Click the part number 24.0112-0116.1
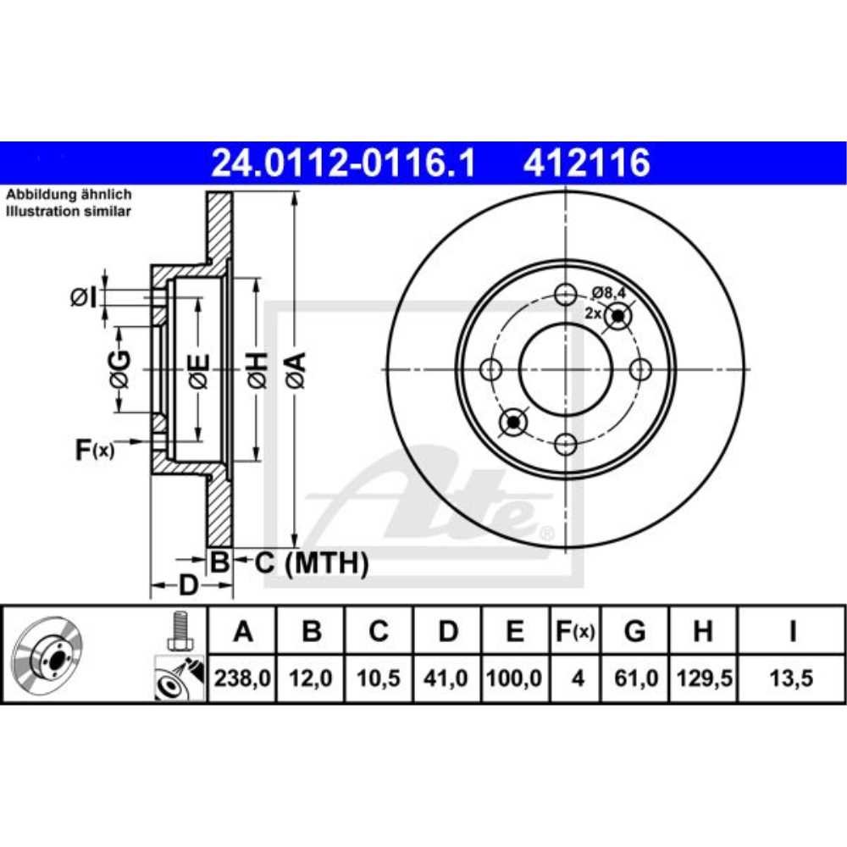point(343,163)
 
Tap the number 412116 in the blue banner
point(586,163)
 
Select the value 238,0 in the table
point(242,678)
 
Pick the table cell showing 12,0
point(310,678)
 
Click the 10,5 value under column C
point(378,678)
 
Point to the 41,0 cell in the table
point(446,678)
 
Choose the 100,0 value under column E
point(514,678)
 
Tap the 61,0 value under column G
point(636,678)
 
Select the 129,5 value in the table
point(704,678)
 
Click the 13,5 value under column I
point(791,678)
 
